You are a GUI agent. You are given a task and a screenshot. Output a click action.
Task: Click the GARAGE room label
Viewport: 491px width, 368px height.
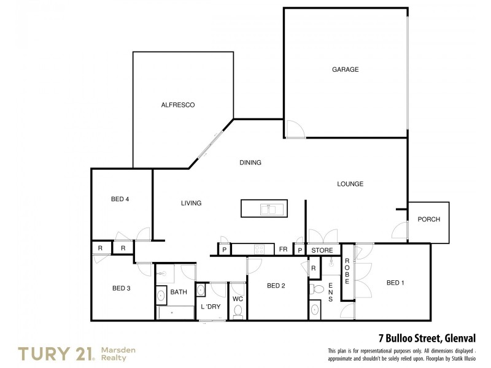click(345, 69)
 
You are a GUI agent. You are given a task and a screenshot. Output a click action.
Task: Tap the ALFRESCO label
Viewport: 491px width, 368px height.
click(177, 105)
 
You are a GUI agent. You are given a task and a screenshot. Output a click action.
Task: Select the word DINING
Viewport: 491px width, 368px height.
click(250, 163)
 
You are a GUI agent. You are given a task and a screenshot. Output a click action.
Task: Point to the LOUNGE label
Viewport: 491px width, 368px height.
click(350, 183)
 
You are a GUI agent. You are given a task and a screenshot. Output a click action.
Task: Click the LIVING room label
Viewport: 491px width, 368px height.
click(191, 203)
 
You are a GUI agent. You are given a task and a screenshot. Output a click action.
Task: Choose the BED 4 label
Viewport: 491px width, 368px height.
click(120, 199)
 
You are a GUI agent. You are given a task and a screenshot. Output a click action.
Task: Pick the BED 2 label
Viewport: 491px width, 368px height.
click(276, 285)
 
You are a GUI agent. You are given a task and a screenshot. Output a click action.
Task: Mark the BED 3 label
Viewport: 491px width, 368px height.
click(121, 288)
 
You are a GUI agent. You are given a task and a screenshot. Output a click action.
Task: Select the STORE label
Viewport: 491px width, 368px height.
click(322, 250)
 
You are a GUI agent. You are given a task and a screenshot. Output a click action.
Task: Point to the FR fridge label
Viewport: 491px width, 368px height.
click(284, 250)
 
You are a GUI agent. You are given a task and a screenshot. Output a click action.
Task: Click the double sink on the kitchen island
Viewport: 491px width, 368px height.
click(269, 209)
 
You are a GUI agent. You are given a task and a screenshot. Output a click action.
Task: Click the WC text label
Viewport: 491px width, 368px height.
click(238, 299)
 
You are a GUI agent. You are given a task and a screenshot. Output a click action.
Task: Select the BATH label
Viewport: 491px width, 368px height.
click(178, 292)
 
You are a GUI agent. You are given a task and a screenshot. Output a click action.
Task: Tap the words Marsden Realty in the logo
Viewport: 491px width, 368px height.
click(118, 353)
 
